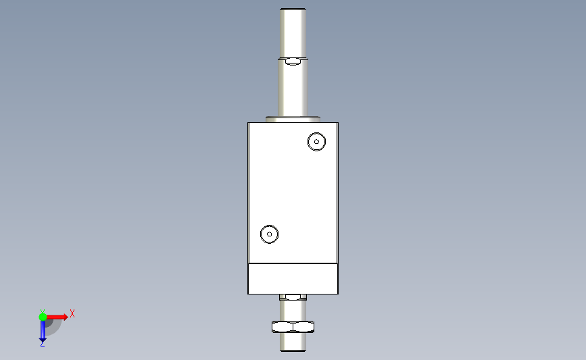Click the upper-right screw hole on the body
click(316, 142)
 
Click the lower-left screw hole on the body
click(269, 234)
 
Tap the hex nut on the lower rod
click(293, 327)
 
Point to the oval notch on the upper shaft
click(293, 61)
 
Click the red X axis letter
click(72, 313)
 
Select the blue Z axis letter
click(42, 344)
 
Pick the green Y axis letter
click(43, 311)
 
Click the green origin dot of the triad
click(43, 317)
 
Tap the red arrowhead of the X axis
click(66, 317)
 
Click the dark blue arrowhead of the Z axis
click(43, 340)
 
